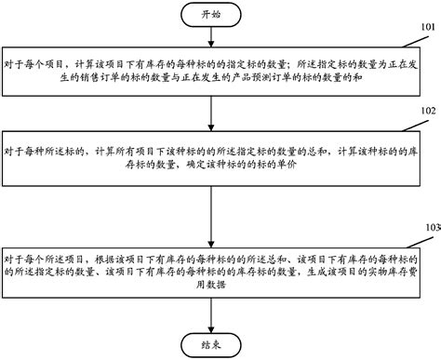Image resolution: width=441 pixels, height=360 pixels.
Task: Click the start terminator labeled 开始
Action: tap(212, 16)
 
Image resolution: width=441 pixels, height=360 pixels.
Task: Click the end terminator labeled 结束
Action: tap(212, 342)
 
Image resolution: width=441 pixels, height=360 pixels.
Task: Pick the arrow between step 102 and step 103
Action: tap(212, 209)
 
